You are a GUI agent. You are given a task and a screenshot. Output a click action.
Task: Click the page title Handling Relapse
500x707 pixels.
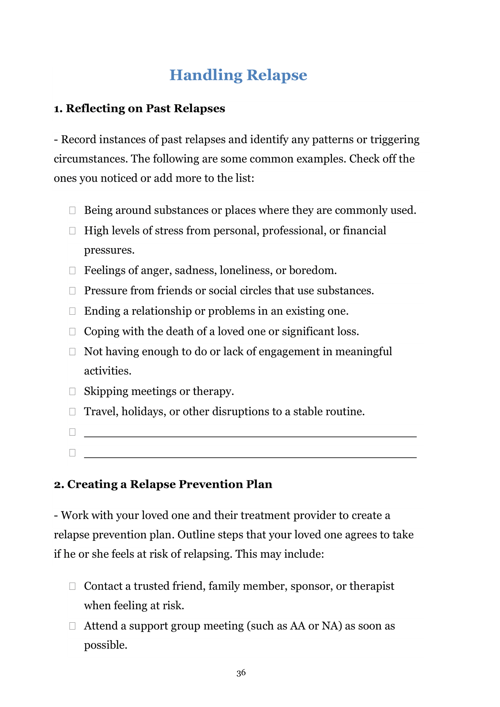(238, 75)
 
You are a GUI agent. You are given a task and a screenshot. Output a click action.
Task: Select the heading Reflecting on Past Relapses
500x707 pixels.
(139, 109)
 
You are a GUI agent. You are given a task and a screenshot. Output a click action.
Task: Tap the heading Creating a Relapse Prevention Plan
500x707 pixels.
(163, 484)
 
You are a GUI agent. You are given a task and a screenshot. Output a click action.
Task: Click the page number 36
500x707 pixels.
(241, 673)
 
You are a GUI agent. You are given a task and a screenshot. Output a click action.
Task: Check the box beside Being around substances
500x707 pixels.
(72, 210)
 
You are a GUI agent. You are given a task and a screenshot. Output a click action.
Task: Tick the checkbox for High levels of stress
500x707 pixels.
(72, 231)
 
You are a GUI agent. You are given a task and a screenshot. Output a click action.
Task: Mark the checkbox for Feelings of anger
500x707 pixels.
(72, 270)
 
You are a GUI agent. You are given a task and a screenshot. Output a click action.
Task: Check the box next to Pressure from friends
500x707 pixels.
(72, 291)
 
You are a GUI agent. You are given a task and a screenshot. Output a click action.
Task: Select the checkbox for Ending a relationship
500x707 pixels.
(72, 311)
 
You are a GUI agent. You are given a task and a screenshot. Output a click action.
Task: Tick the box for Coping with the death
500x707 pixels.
(72, 331)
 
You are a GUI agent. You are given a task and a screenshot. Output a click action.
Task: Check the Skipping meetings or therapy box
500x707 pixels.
(72, 391)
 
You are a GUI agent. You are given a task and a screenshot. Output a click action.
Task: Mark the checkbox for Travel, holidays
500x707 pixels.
(72, 412)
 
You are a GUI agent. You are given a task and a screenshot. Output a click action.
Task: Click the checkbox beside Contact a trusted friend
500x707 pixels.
(72, 586)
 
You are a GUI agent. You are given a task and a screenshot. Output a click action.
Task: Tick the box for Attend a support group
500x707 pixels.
(72, 626)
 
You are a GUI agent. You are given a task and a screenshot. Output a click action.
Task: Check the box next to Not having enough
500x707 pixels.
(72, 352)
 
